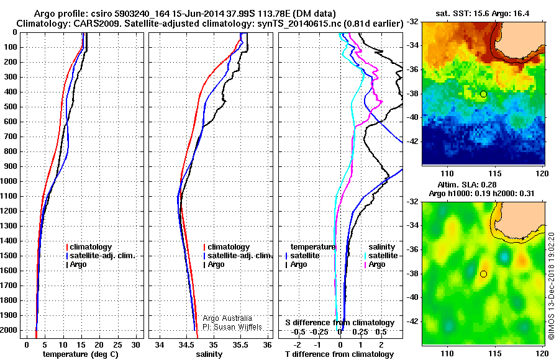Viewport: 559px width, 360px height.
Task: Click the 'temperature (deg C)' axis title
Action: point(81,354)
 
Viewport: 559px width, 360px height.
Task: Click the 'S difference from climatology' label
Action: point(340,323)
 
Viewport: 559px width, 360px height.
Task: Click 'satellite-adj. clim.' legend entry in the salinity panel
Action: point(239,256)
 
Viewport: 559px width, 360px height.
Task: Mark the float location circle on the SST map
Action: point(483,94)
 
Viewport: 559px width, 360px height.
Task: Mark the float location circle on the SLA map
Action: point(483,274)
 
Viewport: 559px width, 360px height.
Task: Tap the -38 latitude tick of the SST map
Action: point(412,94)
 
